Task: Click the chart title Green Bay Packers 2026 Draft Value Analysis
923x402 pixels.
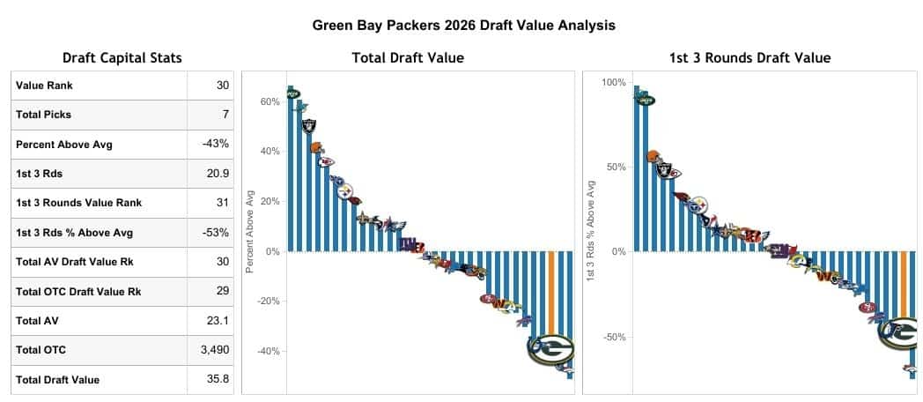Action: click(x=463, y=26)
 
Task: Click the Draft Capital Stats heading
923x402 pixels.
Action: click(x=122, y=58)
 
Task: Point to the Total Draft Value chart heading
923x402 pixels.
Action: click(x=408, y=58)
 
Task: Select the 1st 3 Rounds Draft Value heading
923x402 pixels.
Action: click(x=749, y=58)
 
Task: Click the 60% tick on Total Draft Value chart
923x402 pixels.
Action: click(x=270, y=102)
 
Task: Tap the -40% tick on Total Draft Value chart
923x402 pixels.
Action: click(x=267, y=351)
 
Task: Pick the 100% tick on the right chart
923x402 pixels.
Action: click(x=614, y=82)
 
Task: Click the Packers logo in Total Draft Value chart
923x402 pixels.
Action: click(x=550, y=349)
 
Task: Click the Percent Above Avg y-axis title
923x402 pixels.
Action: click(x=250, y=230)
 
